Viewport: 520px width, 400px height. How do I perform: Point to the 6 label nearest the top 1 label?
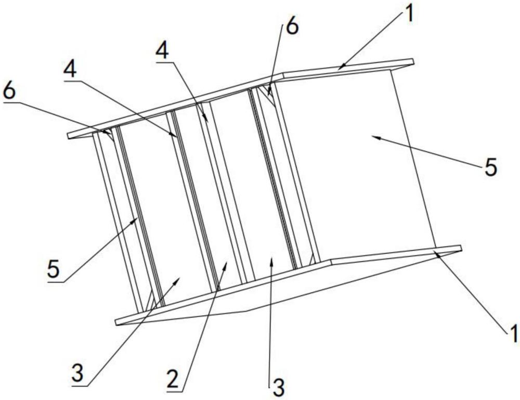[292, 28]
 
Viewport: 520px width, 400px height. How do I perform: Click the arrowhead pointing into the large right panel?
[374, 136]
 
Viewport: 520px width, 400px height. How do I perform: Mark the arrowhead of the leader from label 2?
[226, 265]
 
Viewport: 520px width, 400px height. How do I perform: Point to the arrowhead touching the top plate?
[341, 66]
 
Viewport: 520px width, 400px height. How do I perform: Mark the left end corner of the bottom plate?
[118, 321]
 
